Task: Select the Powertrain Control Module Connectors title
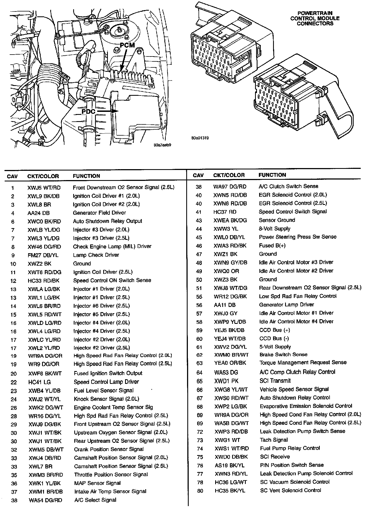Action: (x=315, y=18)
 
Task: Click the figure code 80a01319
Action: (x=200, y=138)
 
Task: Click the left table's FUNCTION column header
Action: (x=86, y=176)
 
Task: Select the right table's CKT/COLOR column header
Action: (x=229, y=175)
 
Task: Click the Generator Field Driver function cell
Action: (x=99, y=213)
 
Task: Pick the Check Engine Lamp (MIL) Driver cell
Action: (x=112, y=247)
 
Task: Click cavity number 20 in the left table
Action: (x=13, y=374)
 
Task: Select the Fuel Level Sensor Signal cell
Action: (x=103, y=390)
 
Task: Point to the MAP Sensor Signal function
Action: (x=97, y=483)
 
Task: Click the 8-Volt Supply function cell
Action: (x=274, y=229)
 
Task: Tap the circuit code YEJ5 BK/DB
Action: (x=229, y=330)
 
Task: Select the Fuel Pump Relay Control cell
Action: (x=290, y=448)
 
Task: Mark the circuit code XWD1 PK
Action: (x=225, y=381)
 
